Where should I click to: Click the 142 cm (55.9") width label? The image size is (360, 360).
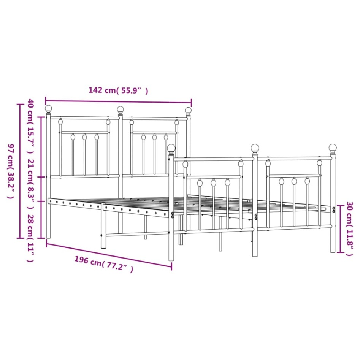pyautogui.click(x=118, y=90)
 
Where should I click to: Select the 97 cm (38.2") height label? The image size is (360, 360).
pyautogui.click(x=11, y=171)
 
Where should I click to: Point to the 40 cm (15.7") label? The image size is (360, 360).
pyautogui.click(x=30, y=125)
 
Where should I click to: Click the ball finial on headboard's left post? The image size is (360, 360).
pyautogui.click(x=48, y=109)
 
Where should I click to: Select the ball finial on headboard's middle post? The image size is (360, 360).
pyautogui.click(x=120, y=110)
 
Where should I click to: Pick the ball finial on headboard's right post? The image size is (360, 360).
pyautogui.click(x=188, y=110)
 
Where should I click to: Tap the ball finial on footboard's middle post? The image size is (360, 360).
pyautogui.click(x=254, y=147)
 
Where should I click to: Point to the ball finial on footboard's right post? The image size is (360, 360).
pyautogui.click(x=333, y=147)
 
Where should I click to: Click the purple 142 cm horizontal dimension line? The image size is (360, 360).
pyautogui.click(x=118, y=101)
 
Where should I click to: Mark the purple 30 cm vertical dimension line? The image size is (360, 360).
pyautogui.click(x=341, y=229)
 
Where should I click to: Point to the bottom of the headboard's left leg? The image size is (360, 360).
pyautogui.click(x=48, y=237)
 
